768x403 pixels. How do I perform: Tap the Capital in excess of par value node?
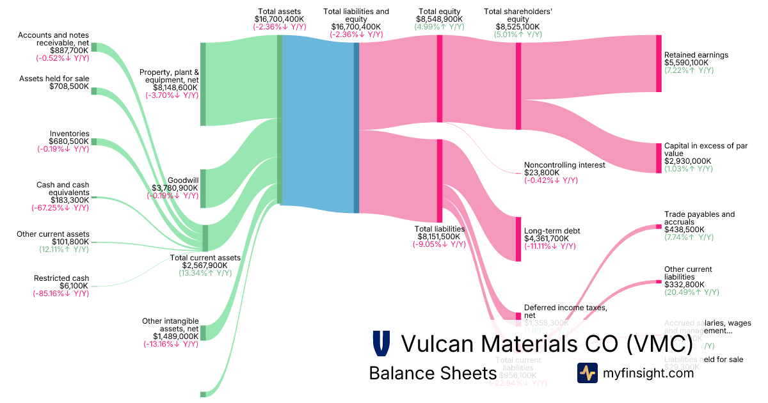[x=659, y=158]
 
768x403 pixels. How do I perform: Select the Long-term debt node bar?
[x=518, y=239]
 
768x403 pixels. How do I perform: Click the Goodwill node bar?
[x=203, y=189]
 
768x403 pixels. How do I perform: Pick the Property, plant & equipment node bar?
[x=203, y=84]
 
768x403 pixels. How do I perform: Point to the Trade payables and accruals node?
[x=659, y=226]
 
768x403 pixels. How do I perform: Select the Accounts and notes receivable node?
[x=93, y=47]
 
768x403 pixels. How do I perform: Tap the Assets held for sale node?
[x=93, y=91]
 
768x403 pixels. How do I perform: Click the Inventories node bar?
[x=93, y=141]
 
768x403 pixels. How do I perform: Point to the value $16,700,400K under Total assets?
[x=279, y=19]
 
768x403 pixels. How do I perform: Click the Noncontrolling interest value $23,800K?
[x=541, y=173]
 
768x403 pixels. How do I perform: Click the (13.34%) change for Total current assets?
[x=205, y=273]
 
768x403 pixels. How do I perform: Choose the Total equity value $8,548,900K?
[x=439, y=19]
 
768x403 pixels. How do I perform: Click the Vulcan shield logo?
[x=381, y=344]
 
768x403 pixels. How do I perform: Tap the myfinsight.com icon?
[x=587, y=373]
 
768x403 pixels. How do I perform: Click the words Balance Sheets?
[x=433, y=373]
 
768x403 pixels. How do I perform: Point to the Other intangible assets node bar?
[x=203, y=333]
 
